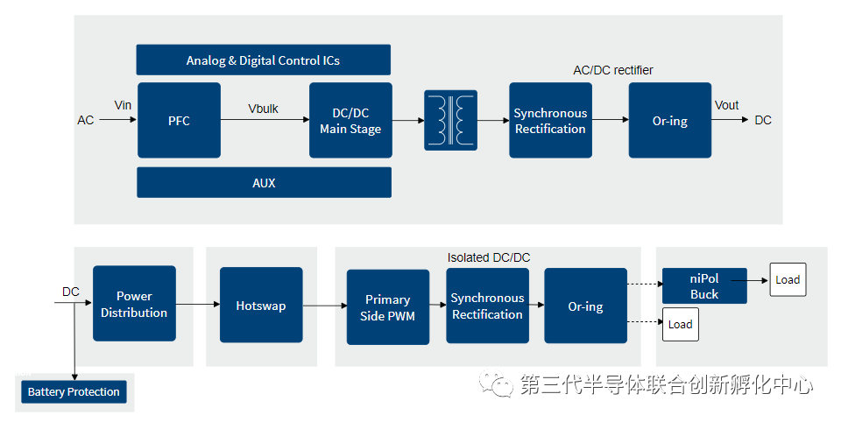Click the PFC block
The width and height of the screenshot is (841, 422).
(179, 120)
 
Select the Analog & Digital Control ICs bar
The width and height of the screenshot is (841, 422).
(264, 60)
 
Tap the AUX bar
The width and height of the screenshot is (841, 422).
(264, 182)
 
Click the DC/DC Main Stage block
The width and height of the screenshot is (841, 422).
(350, 120)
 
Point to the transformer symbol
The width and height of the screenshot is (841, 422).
(450, 120)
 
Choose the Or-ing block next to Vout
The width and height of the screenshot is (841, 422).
(670, 120)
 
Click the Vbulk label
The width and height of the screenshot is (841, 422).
(264, 109)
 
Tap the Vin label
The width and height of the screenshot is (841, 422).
(123, 105)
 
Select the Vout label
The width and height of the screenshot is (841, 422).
(727, 105)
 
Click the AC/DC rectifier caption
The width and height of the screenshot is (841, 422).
(613, 70)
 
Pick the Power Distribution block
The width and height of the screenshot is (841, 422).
(134, 304)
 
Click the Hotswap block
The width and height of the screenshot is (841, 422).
(261, 305)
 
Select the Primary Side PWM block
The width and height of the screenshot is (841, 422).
(388, 307)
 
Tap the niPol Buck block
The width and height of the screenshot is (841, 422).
(704, 285)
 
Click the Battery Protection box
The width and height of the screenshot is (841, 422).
(74, 391)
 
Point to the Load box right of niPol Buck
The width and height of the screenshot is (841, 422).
(788, 279)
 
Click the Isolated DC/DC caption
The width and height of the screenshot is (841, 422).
(489, 258)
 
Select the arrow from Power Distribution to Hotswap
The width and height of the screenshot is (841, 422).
(198, 304)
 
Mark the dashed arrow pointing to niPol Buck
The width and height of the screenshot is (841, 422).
(646, 284)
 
